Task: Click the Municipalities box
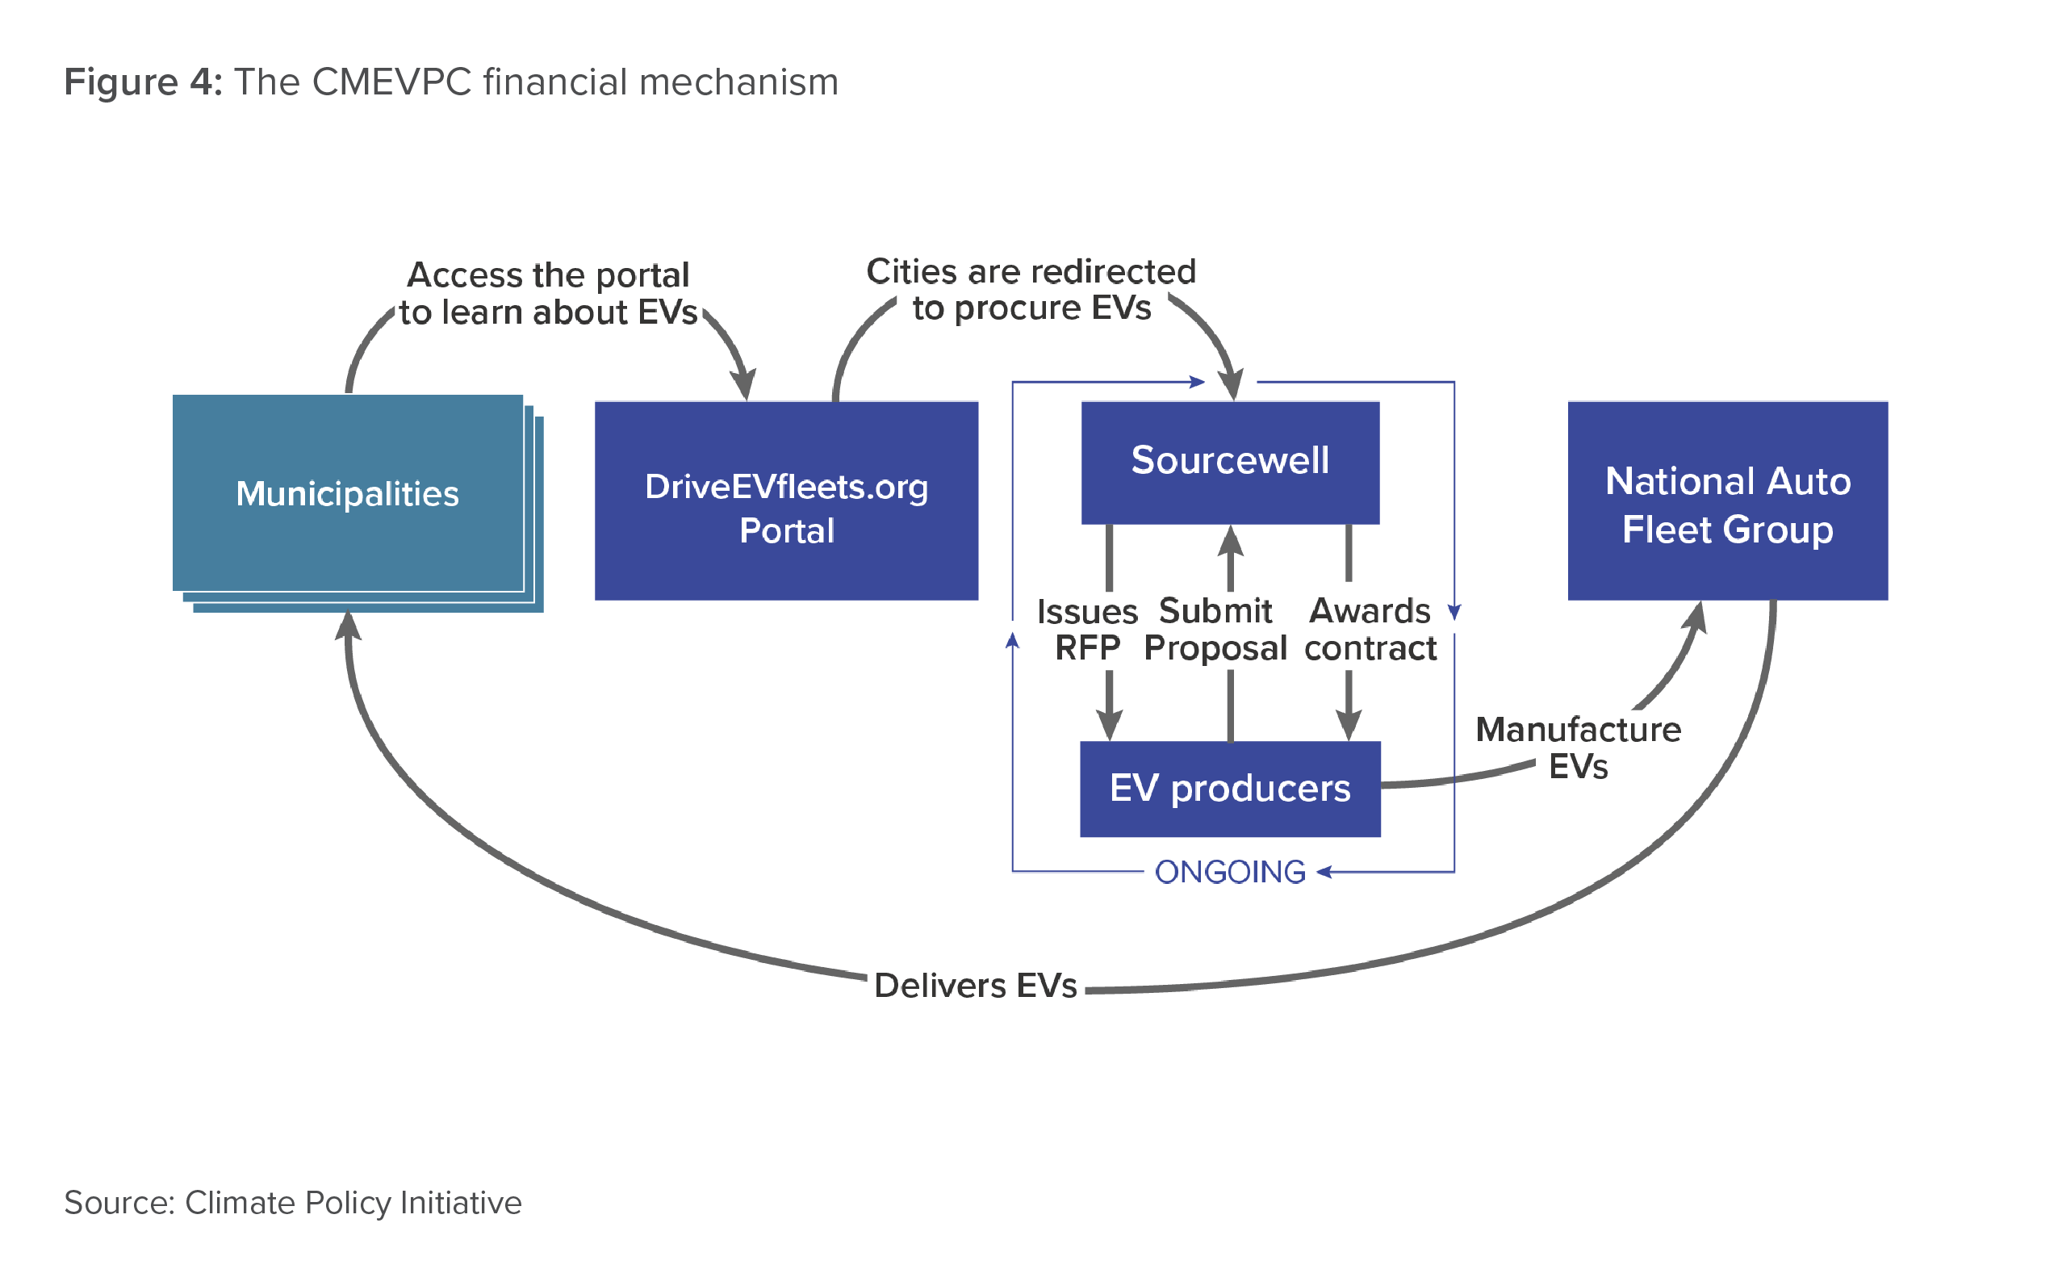(348, 492)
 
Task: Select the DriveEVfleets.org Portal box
(786, 500)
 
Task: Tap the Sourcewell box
(1230, 463)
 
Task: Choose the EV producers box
(1230, 789)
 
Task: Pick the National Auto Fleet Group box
(1727, 500)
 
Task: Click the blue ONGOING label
(1230, 872)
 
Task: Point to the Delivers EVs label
(975, 986)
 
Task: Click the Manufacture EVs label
(1578, 748)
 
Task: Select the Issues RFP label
(1087, 630)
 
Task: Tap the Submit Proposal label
(1215, 630)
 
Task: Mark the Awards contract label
(1370, 630)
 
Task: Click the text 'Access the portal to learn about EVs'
(548, 293)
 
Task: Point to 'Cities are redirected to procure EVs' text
(1031, 290)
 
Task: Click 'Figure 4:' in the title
(144, 82)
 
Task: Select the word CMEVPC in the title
(391, 82)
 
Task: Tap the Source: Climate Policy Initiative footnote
(293, 1203)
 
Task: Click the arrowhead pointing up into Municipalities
(347, 626)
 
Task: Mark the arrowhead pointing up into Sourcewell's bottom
(1230, 541)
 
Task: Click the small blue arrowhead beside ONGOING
(1324, 872)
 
